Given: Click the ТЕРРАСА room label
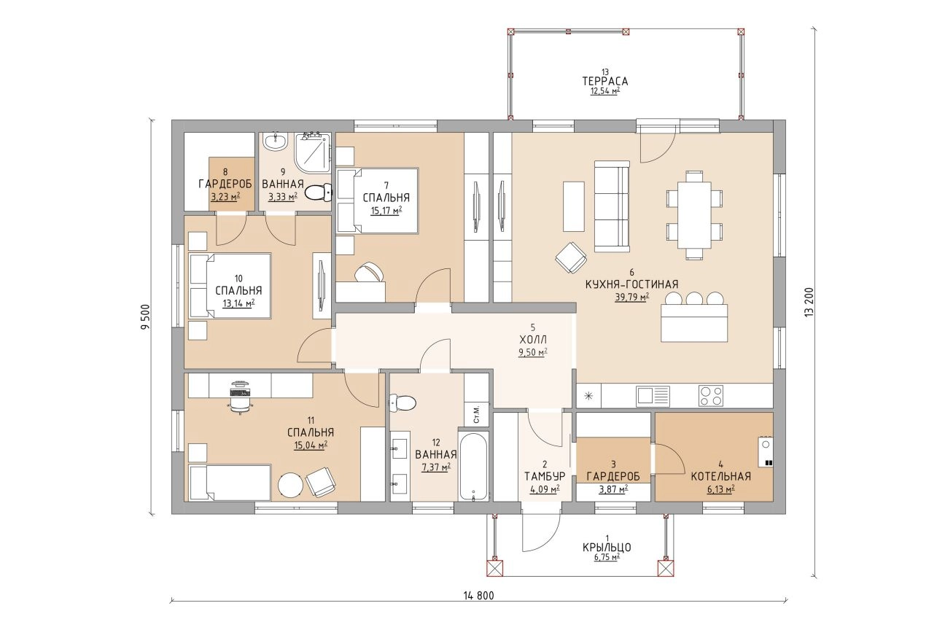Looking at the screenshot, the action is coord(605,81).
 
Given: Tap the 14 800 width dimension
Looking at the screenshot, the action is coord(479,596).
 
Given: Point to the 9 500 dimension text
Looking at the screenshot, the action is coord(145,316).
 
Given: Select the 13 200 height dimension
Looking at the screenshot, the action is coord(809,303).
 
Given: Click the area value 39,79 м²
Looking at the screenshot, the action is coord(631,297).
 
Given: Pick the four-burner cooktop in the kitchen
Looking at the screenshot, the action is coord(711,396).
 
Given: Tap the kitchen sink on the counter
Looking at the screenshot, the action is coord(653,396).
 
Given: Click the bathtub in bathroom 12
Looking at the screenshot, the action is coord(473,466).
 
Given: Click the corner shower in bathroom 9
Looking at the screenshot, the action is coord(313,152).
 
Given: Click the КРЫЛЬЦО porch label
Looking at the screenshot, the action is coord(607,548).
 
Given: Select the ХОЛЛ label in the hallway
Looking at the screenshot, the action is coord(533,339).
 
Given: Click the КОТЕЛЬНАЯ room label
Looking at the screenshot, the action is coord(720,476).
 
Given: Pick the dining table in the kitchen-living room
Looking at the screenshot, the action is coord(694,215).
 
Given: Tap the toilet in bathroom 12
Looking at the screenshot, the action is coord(402,402).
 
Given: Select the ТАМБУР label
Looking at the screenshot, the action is coord(545,476).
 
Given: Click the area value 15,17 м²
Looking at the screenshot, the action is coord(386,210).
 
